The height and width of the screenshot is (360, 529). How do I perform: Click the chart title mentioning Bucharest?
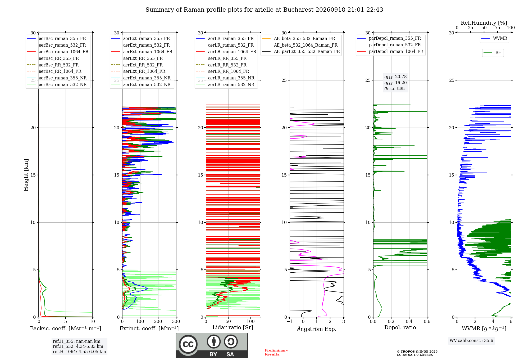pyautogui.click(x=264, y=10)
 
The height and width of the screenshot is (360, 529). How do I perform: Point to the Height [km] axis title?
pyautogui.click(x=26, y=175)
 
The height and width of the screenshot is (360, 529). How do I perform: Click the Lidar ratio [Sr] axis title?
pyautogui.click(x=233, y=327)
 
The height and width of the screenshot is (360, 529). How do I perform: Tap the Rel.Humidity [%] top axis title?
pyautogui.click(x=484, y=23)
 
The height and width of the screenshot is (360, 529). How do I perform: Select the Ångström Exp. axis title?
pyautogui.click(x=317, y=329)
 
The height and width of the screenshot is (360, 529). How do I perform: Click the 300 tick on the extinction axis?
pyautogui.click(x=176, y=322)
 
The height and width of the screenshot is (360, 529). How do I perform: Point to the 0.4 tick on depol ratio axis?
pyautogui.click(x=409, y=322)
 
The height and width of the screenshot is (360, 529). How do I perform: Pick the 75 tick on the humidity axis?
pyautogui.click(x=498, y=28)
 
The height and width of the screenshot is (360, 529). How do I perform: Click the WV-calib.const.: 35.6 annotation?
pyautogui.click(x=471, y=341)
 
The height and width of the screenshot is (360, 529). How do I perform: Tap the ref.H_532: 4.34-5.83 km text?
pyautogui.click(x=78, y=346)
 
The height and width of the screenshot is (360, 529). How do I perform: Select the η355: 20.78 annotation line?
pyautogui.click(x=395, y=77)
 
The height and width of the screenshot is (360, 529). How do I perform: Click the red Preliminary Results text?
pyautogui.click(x=276, y=352)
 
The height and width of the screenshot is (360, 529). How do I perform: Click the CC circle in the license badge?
pyautogui.click(x=188, y=344)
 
